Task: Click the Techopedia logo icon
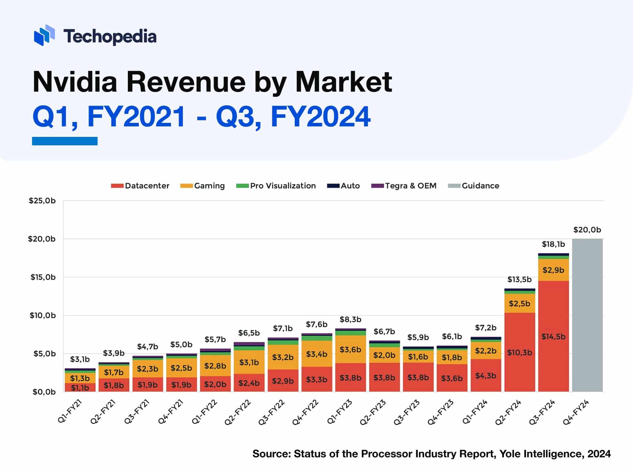coord(44,35)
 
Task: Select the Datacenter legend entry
coord(140,186)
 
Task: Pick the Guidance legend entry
coord(474,186)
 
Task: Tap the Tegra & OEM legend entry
coord(404,186)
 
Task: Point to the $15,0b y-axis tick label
coord(43,277)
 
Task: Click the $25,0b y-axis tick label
coord(42,200)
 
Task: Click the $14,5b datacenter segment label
coord(553,336)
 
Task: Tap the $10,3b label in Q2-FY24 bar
coord(520,352)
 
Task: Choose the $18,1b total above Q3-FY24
coord(553,244)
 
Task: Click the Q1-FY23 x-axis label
coord(340,412)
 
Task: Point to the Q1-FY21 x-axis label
coord(70,412)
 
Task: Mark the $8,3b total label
coord(350,319)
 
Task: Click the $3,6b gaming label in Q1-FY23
coord(350,350)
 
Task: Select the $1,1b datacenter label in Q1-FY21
coord(80,388)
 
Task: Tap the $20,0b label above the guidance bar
coord(587,230)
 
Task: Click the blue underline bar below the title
coord(65,141)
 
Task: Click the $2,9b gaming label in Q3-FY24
coord(553,270)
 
